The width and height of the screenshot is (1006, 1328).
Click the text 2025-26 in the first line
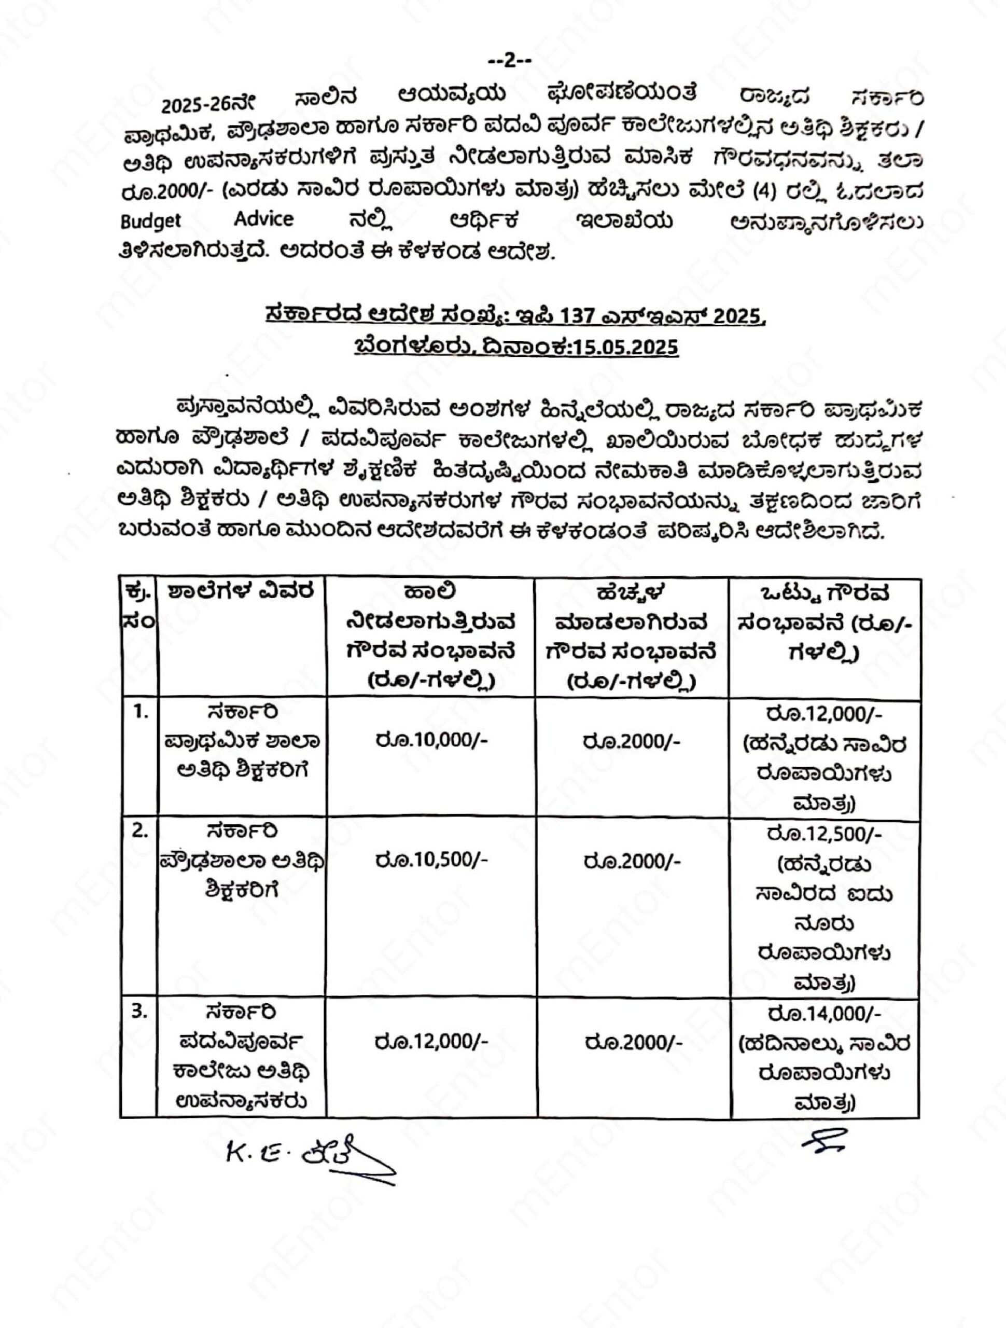[195, 104]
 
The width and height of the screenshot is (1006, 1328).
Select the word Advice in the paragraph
[264, 219]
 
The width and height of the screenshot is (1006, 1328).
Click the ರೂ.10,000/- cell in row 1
[431, 740]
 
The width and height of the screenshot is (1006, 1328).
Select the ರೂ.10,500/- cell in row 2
[431, 860]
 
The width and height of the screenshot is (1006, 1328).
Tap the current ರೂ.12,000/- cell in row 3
[431, 1040]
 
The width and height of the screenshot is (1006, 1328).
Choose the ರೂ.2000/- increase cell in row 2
[632, 861]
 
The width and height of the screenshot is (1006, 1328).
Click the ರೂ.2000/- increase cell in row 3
[633, 1042]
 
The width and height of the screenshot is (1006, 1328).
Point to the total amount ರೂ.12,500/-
[824, 834]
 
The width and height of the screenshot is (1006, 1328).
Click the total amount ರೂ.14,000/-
[824, 1014]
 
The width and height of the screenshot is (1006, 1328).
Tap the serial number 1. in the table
[140, 713]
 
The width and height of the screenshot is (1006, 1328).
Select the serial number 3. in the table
[139, 1012]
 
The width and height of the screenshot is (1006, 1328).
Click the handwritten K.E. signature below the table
[306, 1153]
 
